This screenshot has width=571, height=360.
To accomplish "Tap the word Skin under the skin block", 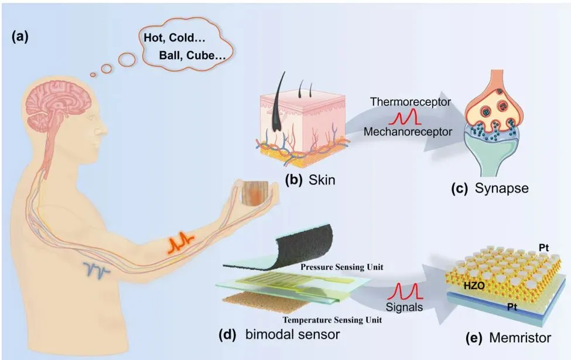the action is pos(323,180).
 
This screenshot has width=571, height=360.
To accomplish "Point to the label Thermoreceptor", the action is pos(411,102).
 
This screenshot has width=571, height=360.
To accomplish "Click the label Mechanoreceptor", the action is pos(408,132).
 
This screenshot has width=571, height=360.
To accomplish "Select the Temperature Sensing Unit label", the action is pos(333,320).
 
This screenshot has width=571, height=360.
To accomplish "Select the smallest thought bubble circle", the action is pos(93,74).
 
